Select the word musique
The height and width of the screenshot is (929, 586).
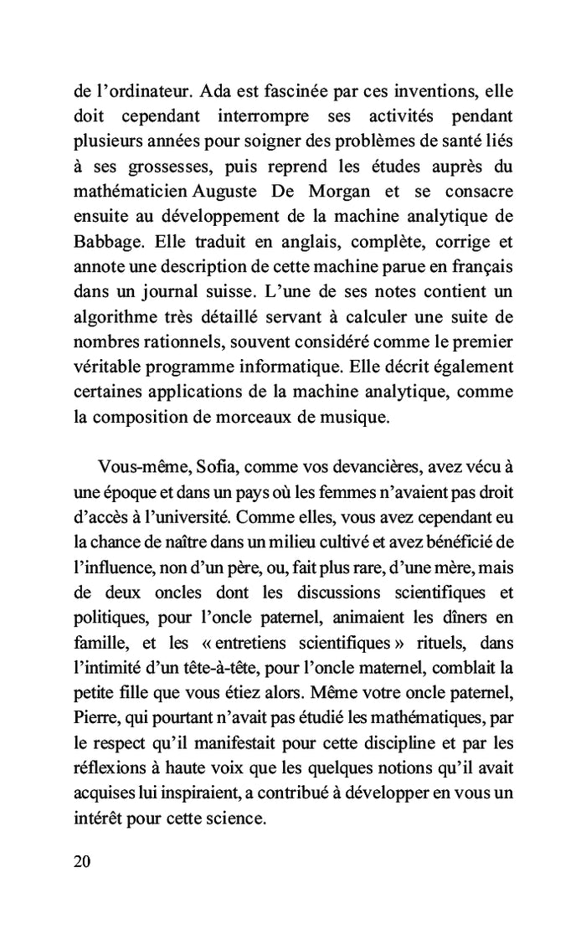[x=358, y=418]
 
